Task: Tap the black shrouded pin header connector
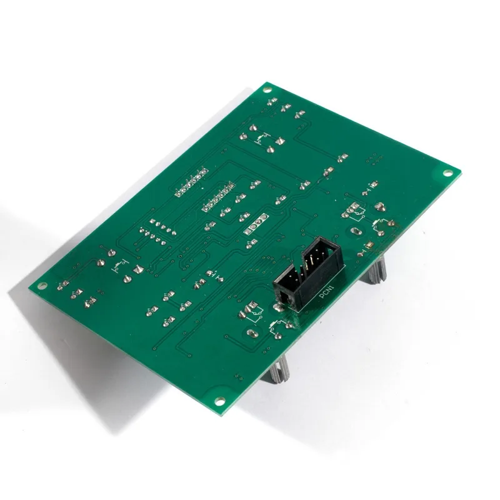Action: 308,274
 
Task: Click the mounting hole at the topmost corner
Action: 267,90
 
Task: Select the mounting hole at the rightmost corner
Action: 447,173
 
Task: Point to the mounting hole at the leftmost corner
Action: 41,286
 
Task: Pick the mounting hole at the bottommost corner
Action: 220,401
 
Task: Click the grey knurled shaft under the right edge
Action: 377,269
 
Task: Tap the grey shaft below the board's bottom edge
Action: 279,369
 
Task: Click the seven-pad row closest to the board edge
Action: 191,181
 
